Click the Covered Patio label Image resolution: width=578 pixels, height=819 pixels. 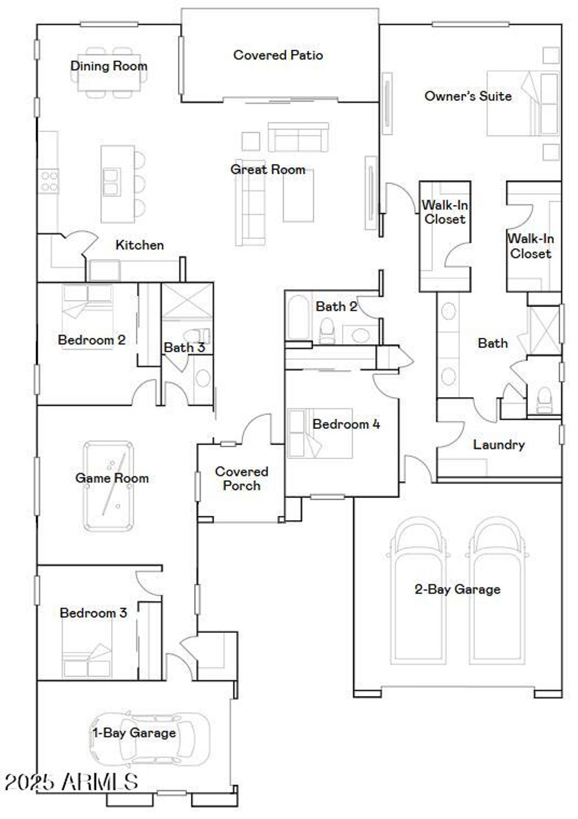(278, 55)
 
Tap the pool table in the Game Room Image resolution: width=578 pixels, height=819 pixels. (108, 486)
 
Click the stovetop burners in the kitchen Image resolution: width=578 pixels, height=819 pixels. (49, 181)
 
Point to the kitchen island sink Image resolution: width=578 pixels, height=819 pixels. (111, 182)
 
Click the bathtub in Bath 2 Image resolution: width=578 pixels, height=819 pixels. (297, 318)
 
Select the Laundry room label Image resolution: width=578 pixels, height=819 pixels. (499, 445)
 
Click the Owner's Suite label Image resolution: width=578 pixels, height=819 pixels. (468, 96)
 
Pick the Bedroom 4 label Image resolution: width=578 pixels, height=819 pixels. (346, 424)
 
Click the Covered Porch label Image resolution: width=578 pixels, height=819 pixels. (242, 478)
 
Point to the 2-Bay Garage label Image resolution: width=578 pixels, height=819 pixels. (457, 589)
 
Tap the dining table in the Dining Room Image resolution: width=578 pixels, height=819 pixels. (109, 73)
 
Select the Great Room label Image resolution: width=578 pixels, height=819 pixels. (268, 169)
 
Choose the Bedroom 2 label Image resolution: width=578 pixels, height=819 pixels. (91, 340)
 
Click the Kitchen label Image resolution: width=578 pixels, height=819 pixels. (139, 245)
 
